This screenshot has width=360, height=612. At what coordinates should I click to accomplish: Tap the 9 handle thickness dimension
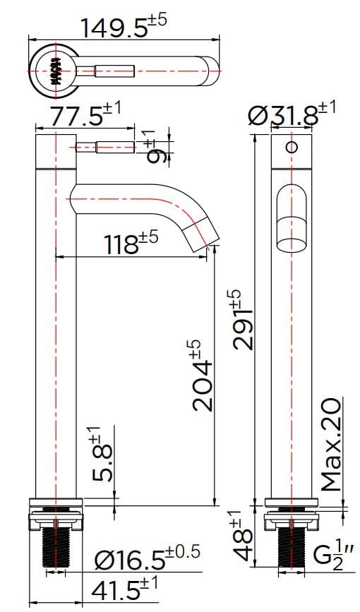pos(157,148)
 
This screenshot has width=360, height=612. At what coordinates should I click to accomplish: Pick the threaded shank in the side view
pos(291,547)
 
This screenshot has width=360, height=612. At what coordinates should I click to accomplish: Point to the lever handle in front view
pos(106,148)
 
